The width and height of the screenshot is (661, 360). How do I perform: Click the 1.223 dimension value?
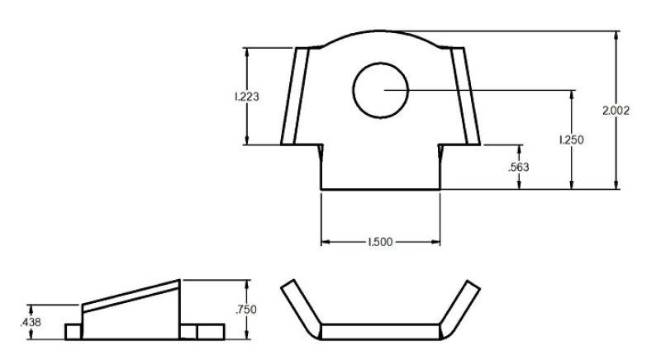point(247,97)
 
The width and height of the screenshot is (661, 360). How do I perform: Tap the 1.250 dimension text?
point(571,140)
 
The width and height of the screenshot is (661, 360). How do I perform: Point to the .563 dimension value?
point(519,167)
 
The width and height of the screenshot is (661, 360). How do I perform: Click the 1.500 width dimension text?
point(380,242)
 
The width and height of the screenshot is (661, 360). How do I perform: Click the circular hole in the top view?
point(381,88)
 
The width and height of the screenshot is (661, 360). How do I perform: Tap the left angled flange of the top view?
point(296,96)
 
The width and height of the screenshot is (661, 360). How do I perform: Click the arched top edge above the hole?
point(380,32)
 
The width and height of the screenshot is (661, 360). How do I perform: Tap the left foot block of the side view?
point(74,331)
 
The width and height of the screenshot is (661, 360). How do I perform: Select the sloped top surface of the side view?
point(132,294)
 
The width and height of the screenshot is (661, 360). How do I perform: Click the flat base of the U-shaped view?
point(380,331)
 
